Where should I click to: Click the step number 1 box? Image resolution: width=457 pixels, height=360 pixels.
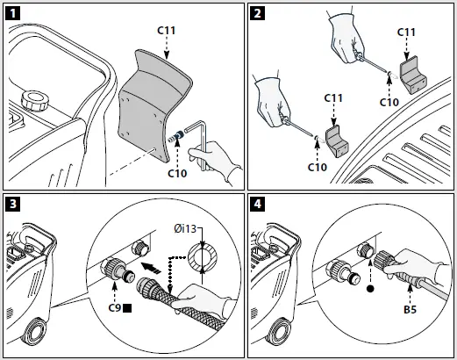(13, 13)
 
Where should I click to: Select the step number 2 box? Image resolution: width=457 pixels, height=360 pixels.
(257, 13)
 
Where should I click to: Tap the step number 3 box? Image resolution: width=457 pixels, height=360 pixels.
(13, 204)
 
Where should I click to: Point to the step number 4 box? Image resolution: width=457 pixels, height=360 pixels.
(257, 204)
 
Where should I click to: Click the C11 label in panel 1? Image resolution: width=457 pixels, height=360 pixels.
(166, 30)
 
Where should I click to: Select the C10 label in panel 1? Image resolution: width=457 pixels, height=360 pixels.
(177, 173)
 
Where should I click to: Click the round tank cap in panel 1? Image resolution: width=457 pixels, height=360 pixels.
(34, 101)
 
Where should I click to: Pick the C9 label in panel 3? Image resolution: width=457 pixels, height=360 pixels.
(115, 308)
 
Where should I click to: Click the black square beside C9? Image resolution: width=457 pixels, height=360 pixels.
(127, 308)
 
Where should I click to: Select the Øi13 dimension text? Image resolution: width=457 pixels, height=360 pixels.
(185, 228)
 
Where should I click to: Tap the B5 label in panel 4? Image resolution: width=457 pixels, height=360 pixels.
(410, 309)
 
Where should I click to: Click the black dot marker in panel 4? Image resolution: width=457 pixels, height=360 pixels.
(370, 289)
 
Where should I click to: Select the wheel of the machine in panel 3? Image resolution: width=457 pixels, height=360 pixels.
(33, 330)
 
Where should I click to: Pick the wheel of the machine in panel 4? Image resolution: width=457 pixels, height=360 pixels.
(278, 330)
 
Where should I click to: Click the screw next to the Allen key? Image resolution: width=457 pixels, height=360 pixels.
(176, 137)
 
